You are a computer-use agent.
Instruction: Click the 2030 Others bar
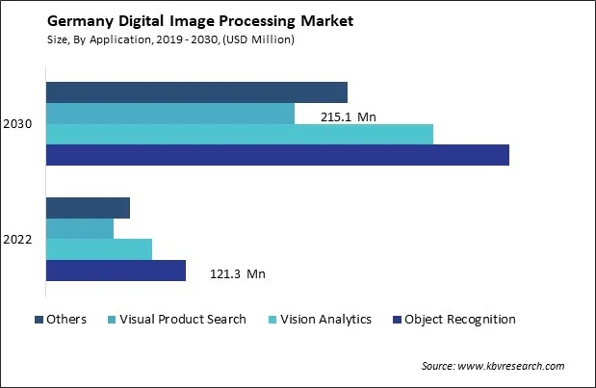pos(196,92)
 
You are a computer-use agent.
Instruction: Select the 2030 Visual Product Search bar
pos(169,114)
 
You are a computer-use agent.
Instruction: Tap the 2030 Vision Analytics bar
pos(239,134)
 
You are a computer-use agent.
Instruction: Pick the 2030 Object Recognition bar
pos(277,155)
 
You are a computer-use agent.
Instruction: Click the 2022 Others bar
pos(88,208)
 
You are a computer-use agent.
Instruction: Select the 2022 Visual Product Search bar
pos(80,228)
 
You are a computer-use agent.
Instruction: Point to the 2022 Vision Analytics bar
pos(99,249)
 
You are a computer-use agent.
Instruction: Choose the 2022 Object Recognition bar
pos(116,271)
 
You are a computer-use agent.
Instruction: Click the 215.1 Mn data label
pos(348,117)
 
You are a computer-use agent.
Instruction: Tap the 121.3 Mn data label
pos(237,274)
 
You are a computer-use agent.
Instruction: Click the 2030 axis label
pos(18,124)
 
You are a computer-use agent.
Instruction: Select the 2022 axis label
pos(18,240)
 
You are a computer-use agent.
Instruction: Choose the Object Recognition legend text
pos(460,320)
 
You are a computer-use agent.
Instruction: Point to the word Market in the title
pos(324,22)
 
